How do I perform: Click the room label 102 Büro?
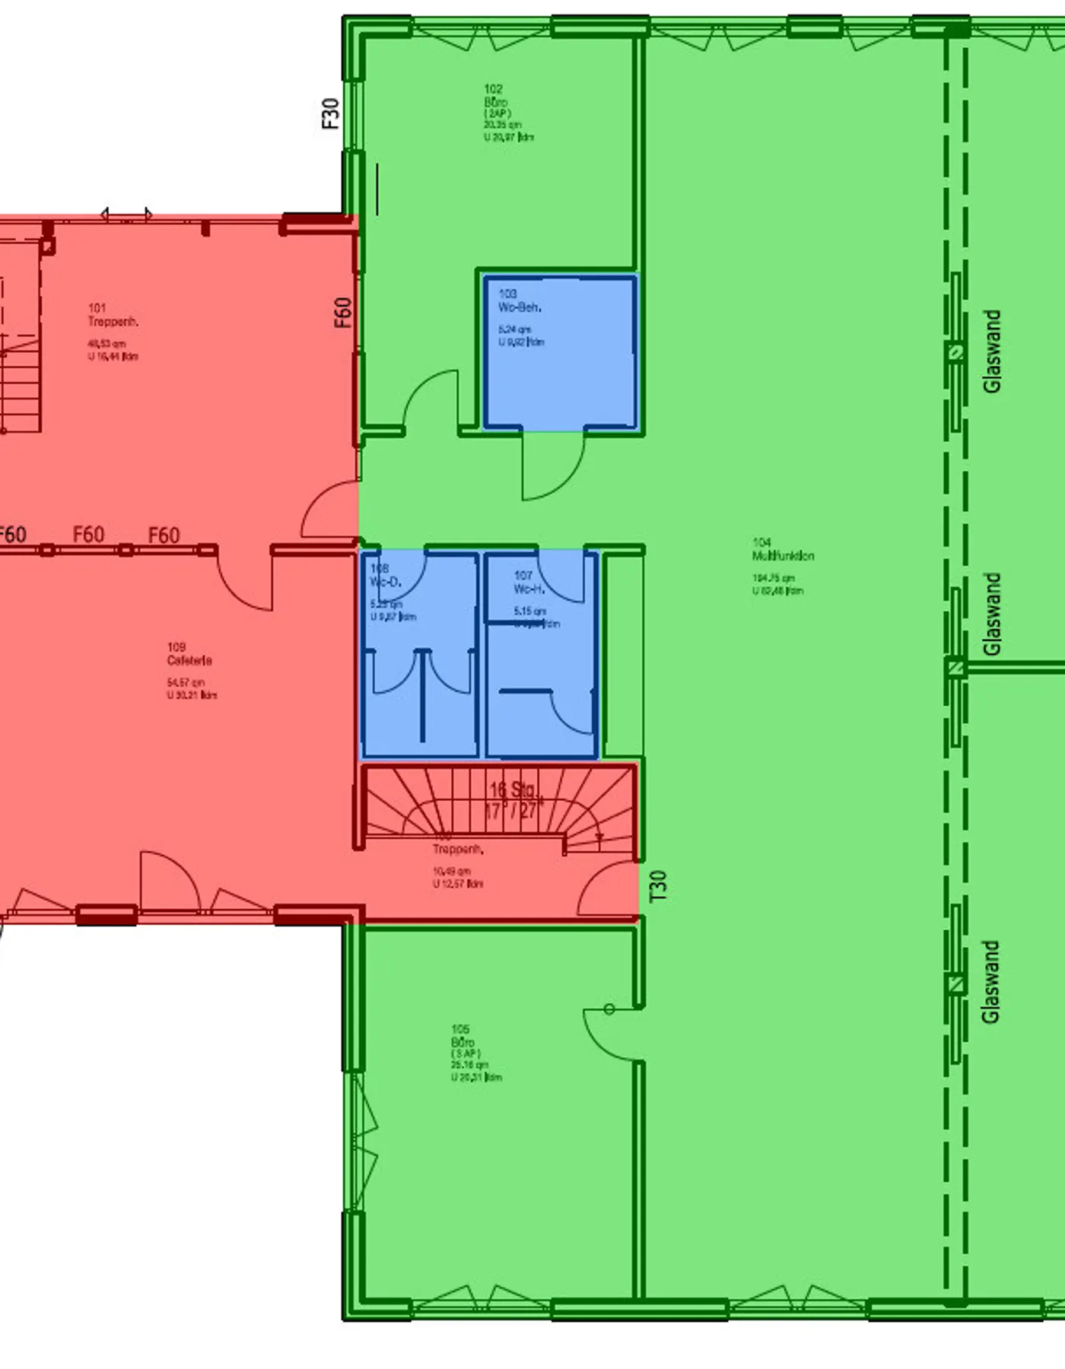point(495,96)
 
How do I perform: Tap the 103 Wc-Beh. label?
point(520,300)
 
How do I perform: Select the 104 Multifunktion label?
point(783,549)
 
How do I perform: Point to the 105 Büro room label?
point(463,1036)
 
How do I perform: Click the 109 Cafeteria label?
point(189,654)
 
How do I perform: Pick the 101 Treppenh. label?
point(112,315)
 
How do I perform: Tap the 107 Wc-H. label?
point(527,583)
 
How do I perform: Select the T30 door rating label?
point(659,886)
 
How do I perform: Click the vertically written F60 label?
point(344,313)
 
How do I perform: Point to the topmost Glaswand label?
point(992,351)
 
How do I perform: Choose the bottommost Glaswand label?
point(990,982)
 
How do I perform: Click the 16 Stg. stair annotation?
point(513,789)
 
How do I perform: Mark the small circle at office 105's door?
point(609,1009)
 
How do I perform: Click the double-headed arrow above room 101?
point(126,214)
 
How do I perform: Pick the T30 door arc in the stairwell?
point(606,890)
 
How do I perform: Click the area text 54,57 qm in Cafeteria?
point(186,682)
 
